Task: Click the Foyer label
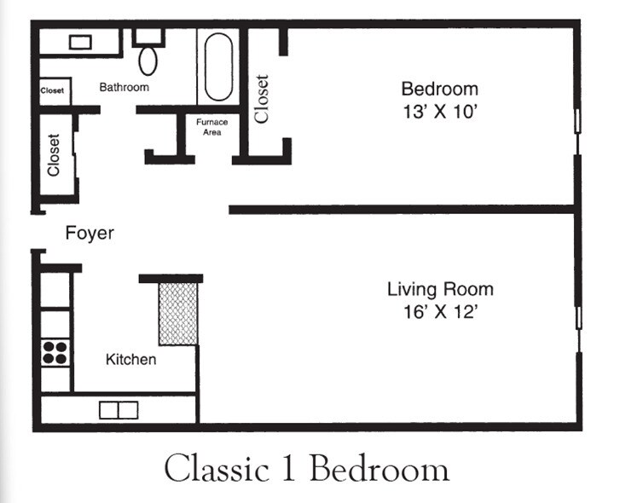pyautogui.click(x=90, y=233)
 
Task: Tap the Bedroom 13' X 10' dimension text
pyautogui.click(x=440, y=112)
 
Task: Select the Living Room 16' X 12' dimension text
pyautogui.click(x=441, y=312)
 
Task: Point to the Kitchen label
pyautogui.click(x=130, y=359)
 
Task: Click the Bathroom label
pyautogui.click(x=125, y=87)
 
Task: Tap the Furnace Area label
pyautogui.click(x=212, y=127)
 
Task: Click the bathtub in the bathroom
pyautogui.click(x=218, y=66)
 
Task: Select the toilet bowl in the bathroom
pyautogui.click(x=148, y=61)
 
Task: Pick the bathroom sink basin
pyautogui.click(x=80, y=42)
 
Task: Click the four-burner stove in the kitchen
pyautogui.click(x=55, y=353)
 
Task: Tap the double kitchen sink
pyautogui.click(x=119, y=410)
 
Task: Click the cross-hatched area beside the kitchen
pyautogui.click(x=178, y=314)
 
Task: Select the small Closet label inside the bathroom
pyautogui.click(x=52, y=90)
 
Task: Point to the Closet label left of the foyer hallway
pyautogui.click(x=54, y=155)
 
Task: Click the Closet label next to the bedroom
pyautogui.click(x=261, y=99)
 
